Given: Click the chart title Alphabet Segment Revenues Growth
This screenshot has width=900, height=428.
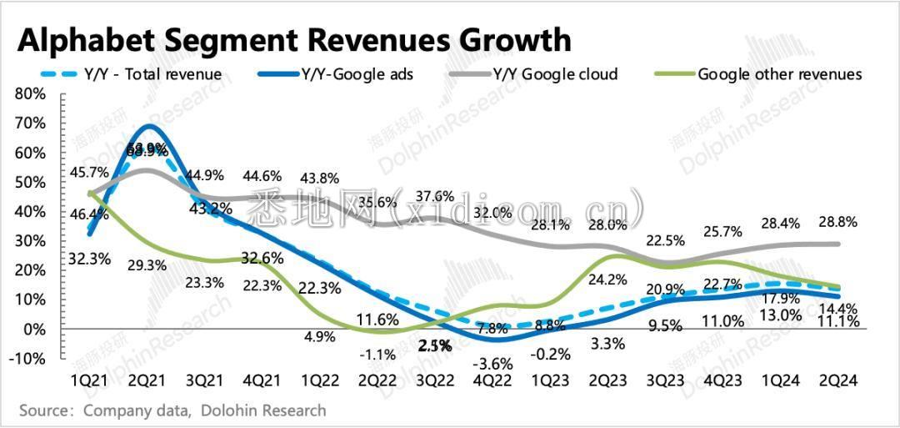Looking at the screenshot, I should tap(296, 39).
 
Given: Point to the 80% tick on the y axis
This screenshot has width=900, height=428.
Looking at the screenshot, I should tap(30, 93).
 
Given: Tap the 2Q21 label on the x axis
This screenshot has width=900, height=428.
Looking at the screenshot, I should tap(148, 380).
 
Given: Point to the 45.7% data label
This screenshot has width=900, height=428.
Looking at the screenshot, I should tap(89, 173).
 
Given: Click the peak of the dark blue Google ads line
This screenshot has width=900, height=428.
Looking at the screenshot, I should tap(149, 127).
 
